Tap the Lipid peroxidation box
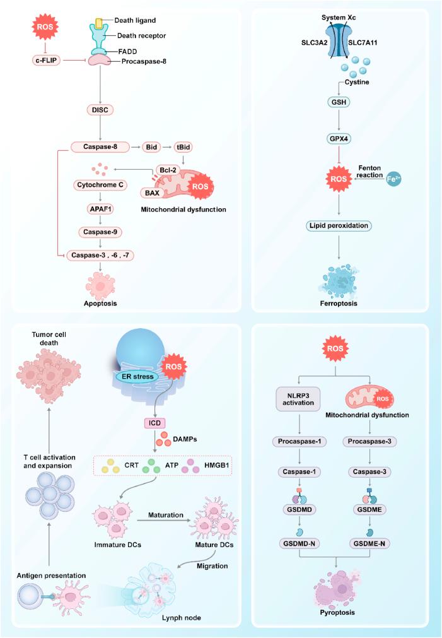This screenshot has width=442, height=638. pyautogui.click(x=340, y=225)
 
